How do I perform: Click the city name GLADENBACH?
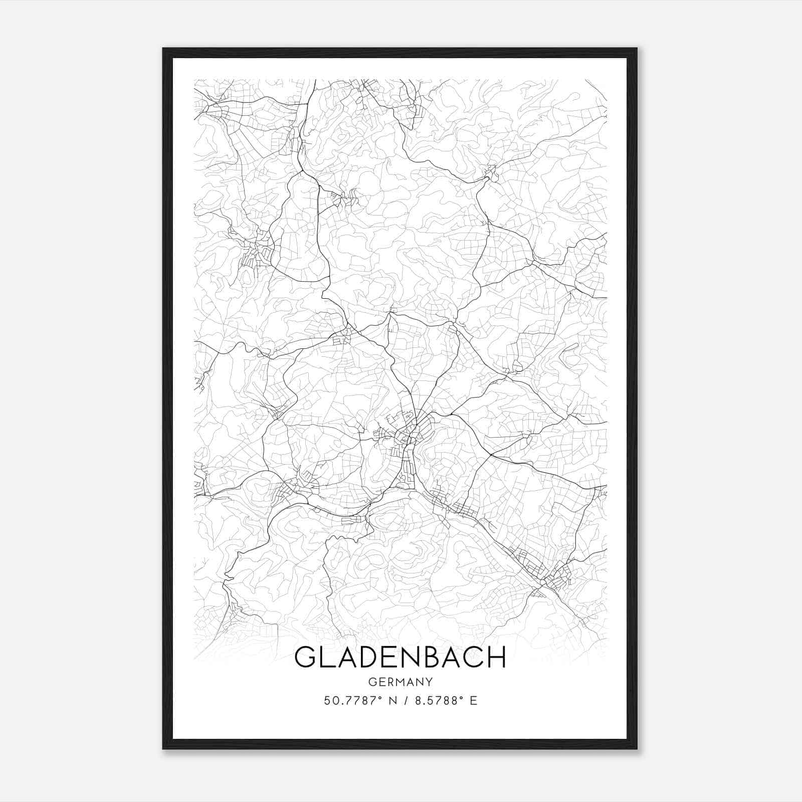pos(400,657)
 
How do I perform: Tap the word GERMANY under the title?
pos(400,682)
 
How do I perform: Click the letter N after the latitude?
pos(392,701)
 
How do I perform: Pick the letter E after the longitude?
pos(473,701)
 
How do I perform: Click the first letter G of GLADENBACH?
pos(305,657)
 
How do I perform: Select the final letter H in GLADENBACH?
pos(496,657)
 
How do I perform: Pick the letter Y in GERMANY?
pos(429,682)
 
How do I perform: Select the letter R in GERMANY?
pos(388,682)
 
